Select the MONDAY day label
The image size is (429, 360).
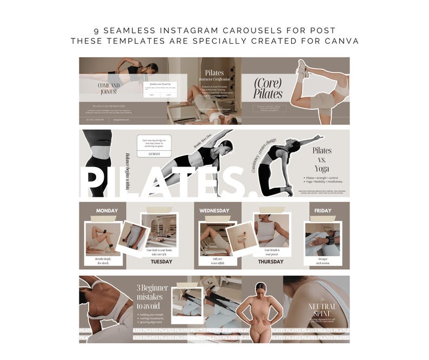click(106, 211)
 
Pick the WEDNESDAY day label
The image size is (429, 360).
click(214, 211)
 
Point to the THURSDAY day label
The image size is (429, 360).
click(270, 262)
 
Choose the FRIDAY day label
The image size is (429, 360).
click(323, 211)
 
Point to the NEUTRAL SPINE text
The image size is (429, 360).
click(322, 309)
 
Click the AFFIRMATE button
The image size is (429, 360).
click(154, 154)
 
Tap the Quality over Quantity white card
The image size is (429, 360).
click(160, 89)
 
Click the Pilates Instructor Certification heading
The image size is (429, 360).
click(214, 76)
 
